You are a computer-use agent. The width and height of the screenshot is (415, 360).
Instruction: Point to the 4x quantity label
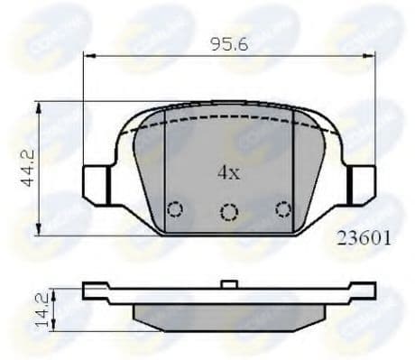point(226,170)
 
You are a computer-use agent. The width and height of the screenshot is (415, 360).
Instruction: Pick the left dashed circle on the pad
point(176,209)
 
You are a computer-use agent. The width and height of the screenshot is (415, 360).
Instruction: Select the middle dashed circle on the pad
point(229,212)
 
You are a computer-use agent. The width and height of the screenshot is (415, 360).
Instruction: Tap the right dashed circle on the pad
point(283,209)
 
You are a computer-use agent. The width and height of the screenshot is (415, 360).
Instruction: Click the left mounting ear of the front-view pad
point(95,184)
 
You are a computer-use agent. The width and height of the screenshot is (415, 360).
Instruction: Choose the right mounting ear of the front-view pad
point(363,184)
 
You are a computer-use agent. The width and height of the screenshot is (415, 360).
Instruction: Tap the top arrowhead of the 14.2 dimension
point(55,291)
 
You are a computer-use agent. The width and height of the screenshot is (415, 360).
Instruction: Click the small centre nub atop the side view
point(230,285)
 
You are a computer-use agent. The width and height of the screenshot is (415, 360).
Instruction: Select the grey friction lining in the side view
point(229,314)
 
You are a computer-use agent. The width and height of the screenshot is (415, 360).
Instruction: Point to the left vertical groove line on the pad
point(165,171)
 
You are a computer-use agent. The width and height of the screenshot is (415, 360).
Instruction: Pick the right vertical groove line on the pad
point(294,171)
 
